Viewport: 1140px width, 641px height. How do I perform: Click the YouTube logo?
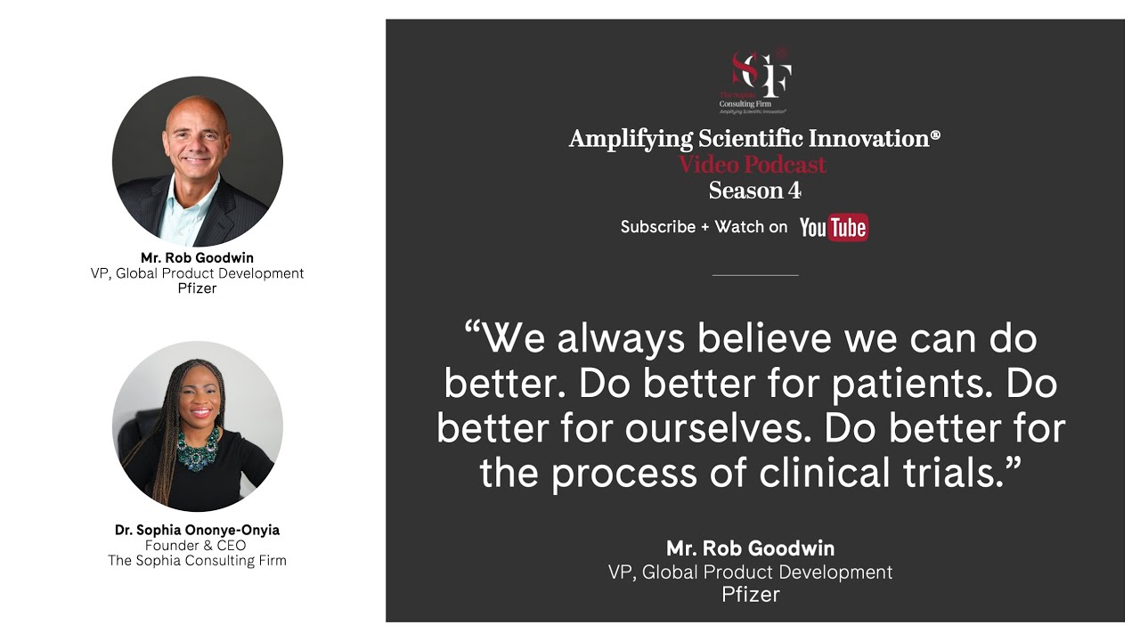point(834,228)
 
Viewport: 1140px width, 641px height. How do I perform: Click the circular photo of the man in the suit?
point(197,161)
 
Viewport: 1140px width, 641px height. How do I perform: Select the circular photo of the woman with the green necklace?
point(197,426)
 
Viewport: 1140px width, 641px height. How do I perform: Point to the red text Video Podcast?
point(753,165)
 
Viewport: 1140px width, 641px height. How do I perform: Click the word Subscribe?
point(658,227)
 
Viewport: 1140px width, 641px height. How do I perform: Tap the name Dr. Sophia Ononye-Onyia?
point(197,530)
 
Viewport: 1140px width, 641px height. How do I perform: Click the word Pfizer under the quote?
point(751,594)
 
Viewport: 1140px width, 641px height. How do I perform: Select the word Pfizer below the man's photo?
point(197,288)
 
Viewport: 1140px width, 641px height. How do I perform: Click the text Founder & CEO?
point(197,545)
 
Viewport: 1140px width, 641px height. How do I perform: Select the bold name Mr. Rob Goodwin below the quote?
point(751,548)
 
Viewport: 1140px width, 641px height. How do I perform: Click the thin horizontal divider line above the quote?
point(755,275)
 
